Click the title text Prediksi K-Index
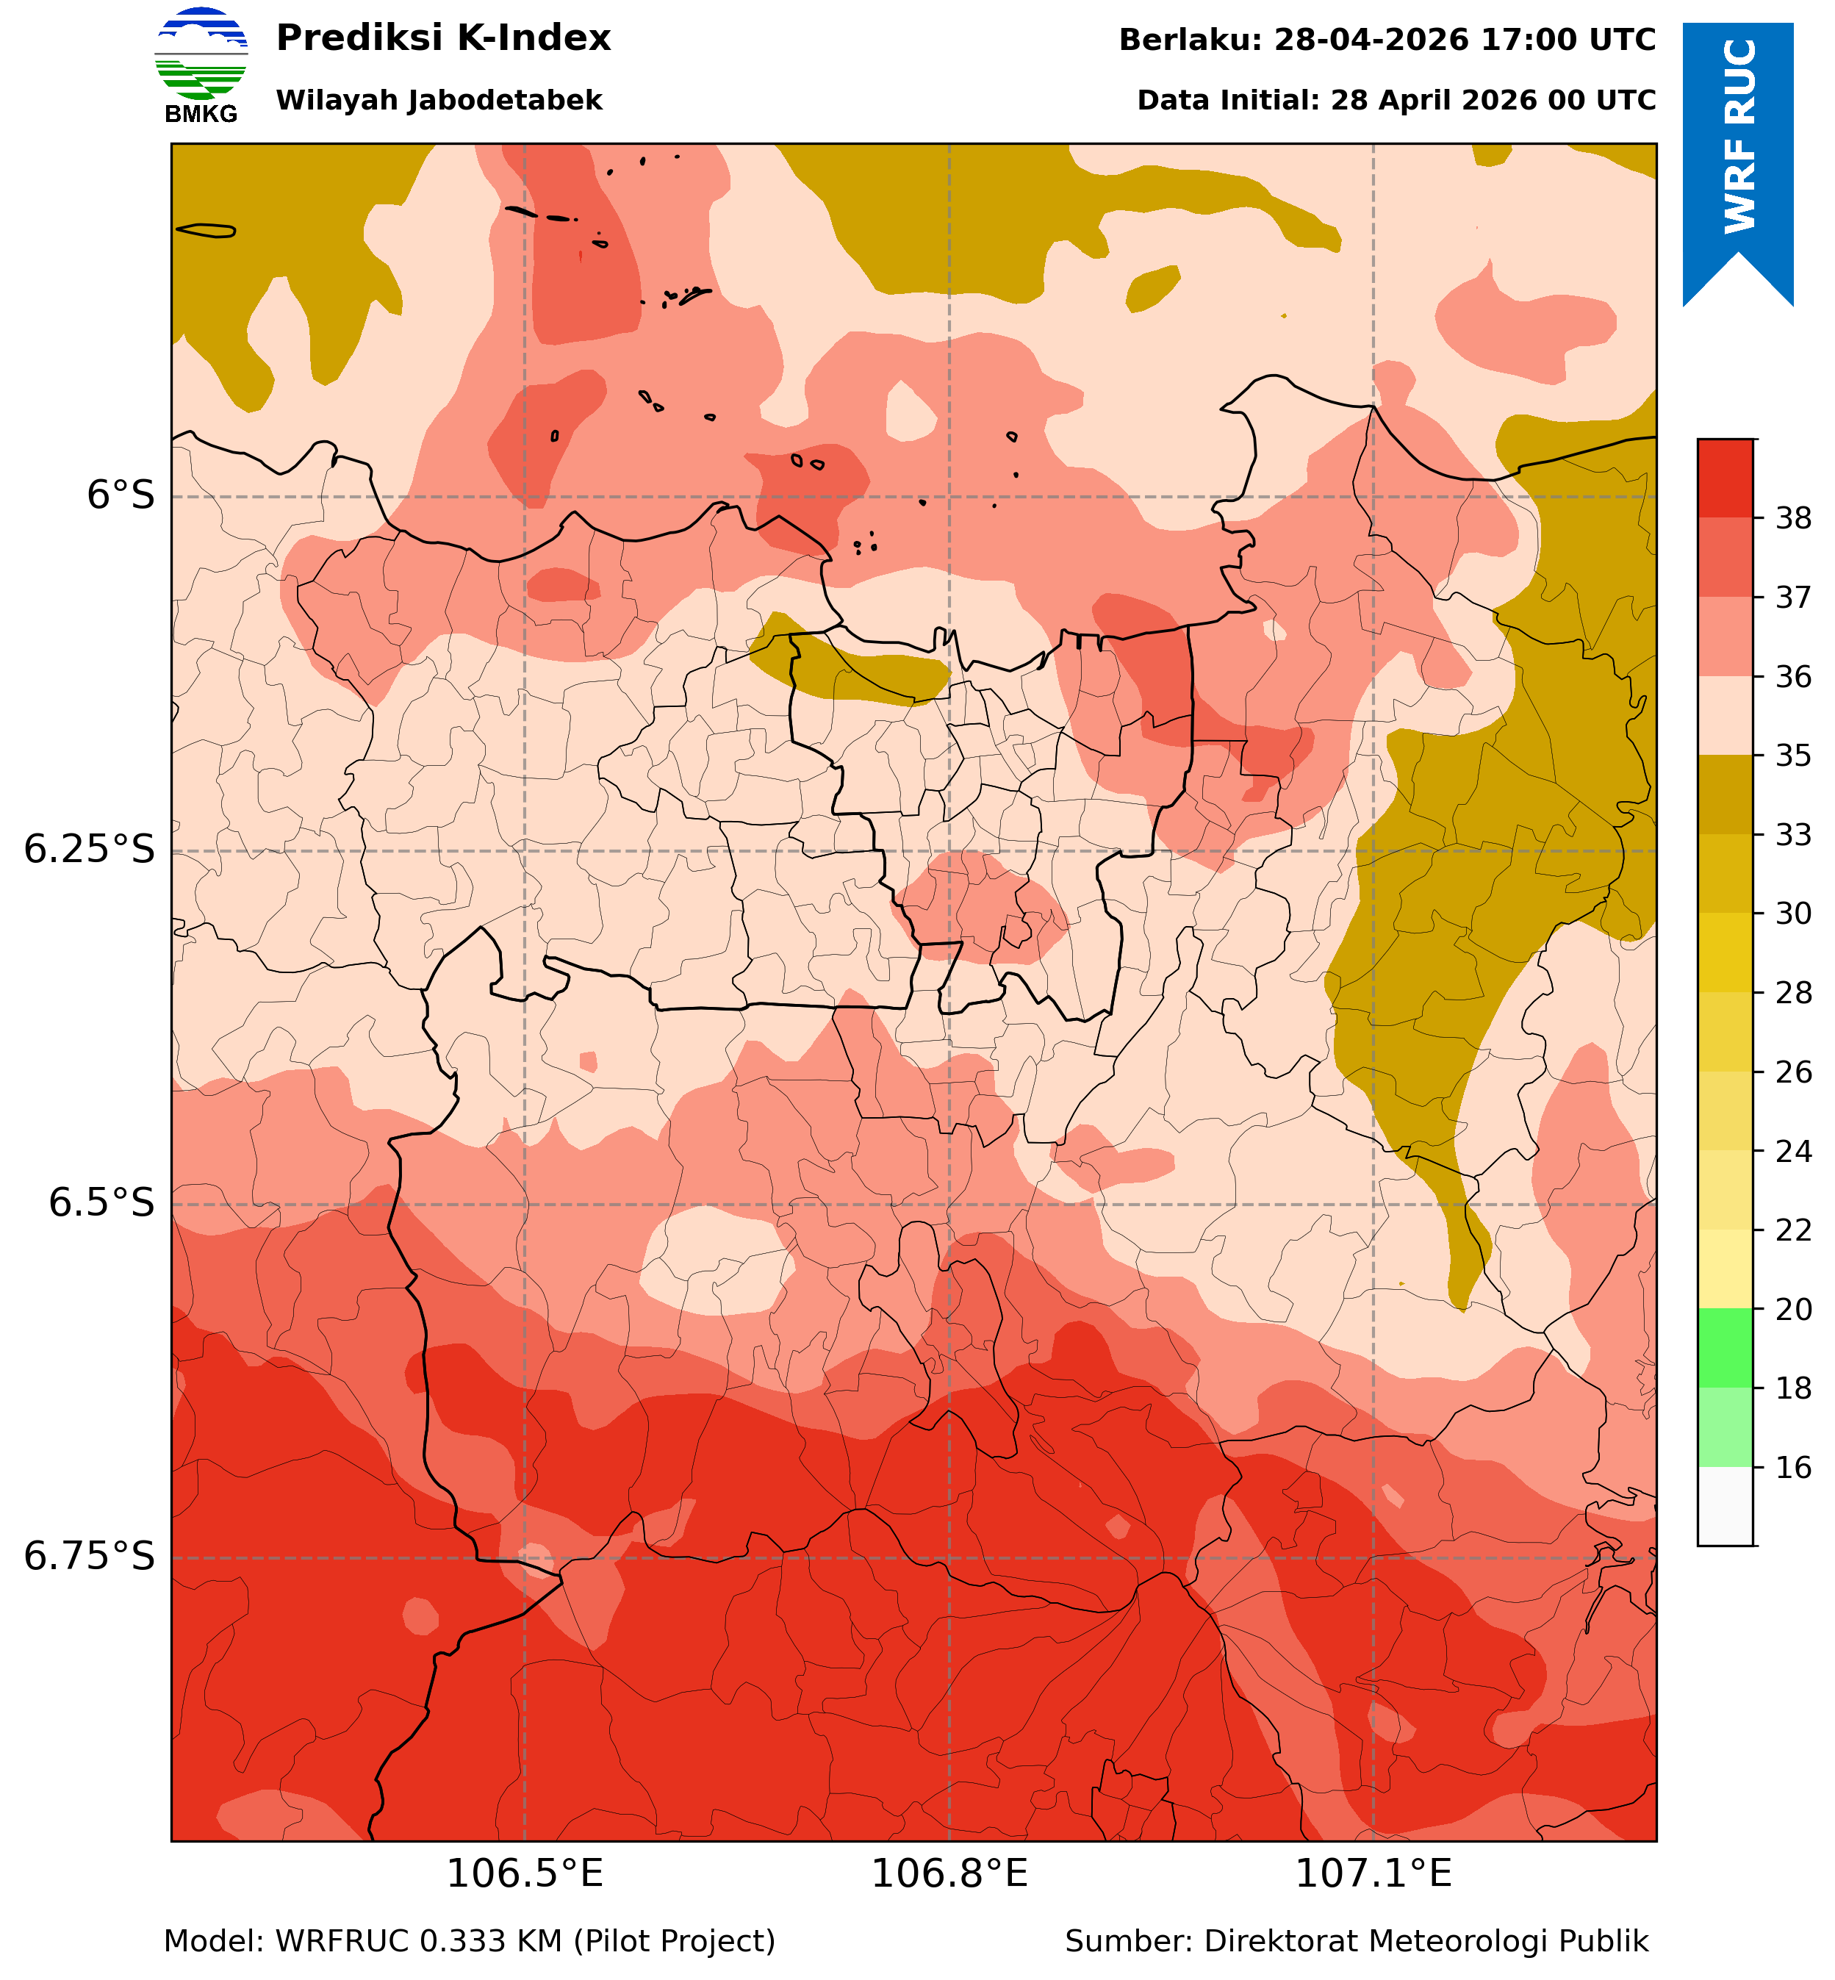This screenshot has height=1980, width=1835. pos(443,37)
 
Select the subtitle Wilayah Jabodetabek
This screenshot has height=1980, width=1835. pos(439,100)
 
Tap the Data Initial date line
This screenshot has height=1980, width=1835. pos(1396,100)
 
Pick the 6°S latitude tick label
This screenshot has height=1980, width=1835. pos(121,495)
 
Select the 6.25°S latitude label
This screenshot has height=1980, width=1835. pos(90,849)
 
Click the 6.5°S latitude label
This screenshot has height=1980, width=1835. pos(102,1202)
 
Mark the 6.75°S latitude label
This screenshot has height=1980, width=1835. pos(90,1556)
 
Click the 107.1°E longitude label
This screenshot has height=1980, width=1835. pos(1373,1873)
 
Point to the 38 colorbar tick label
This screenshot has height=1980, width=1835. pos(1792,517)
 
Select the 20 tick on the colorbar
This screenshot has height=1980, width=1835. pos(1792,1310)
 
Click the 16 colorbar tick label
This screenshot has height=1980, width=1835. pos(1792,1468)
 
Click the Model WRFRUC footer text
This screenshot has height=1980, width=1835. pos(469,1940)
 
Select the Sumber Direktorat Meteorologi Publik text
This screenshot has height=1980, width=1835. pos(1357,1940)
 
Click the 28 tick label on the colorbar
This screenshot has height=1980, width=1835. pos(1792,992)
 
